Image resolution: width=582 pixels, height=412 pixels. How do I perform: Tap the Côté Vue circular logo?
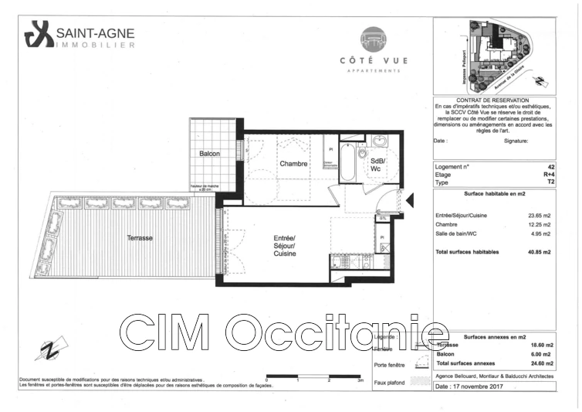[374, 39]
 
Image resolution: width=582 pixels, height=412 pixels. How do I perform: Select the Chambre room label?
[293, 164]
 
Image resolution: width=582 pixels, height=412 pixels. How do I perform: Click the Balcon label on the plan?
[209, 154]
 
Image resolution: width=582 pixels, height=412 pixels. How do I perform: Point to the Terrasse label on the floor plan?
[140, 239]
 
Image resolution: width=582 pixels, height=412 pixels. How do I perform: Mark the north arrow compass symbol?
[50, 350]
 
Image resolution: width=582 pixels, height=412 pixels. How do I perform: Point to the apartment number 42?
[550, 167]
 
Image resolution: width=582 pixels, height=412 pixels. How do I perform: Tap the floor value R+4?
[548, 175]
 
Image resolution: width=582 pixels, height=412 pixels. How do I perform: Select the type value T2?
[550, 182]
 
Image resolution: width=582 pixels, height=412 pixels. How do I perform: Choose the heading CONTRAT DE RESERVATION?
[493, 101]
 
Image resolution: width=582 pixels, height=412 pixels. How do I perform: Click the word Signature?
[516, 141]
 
